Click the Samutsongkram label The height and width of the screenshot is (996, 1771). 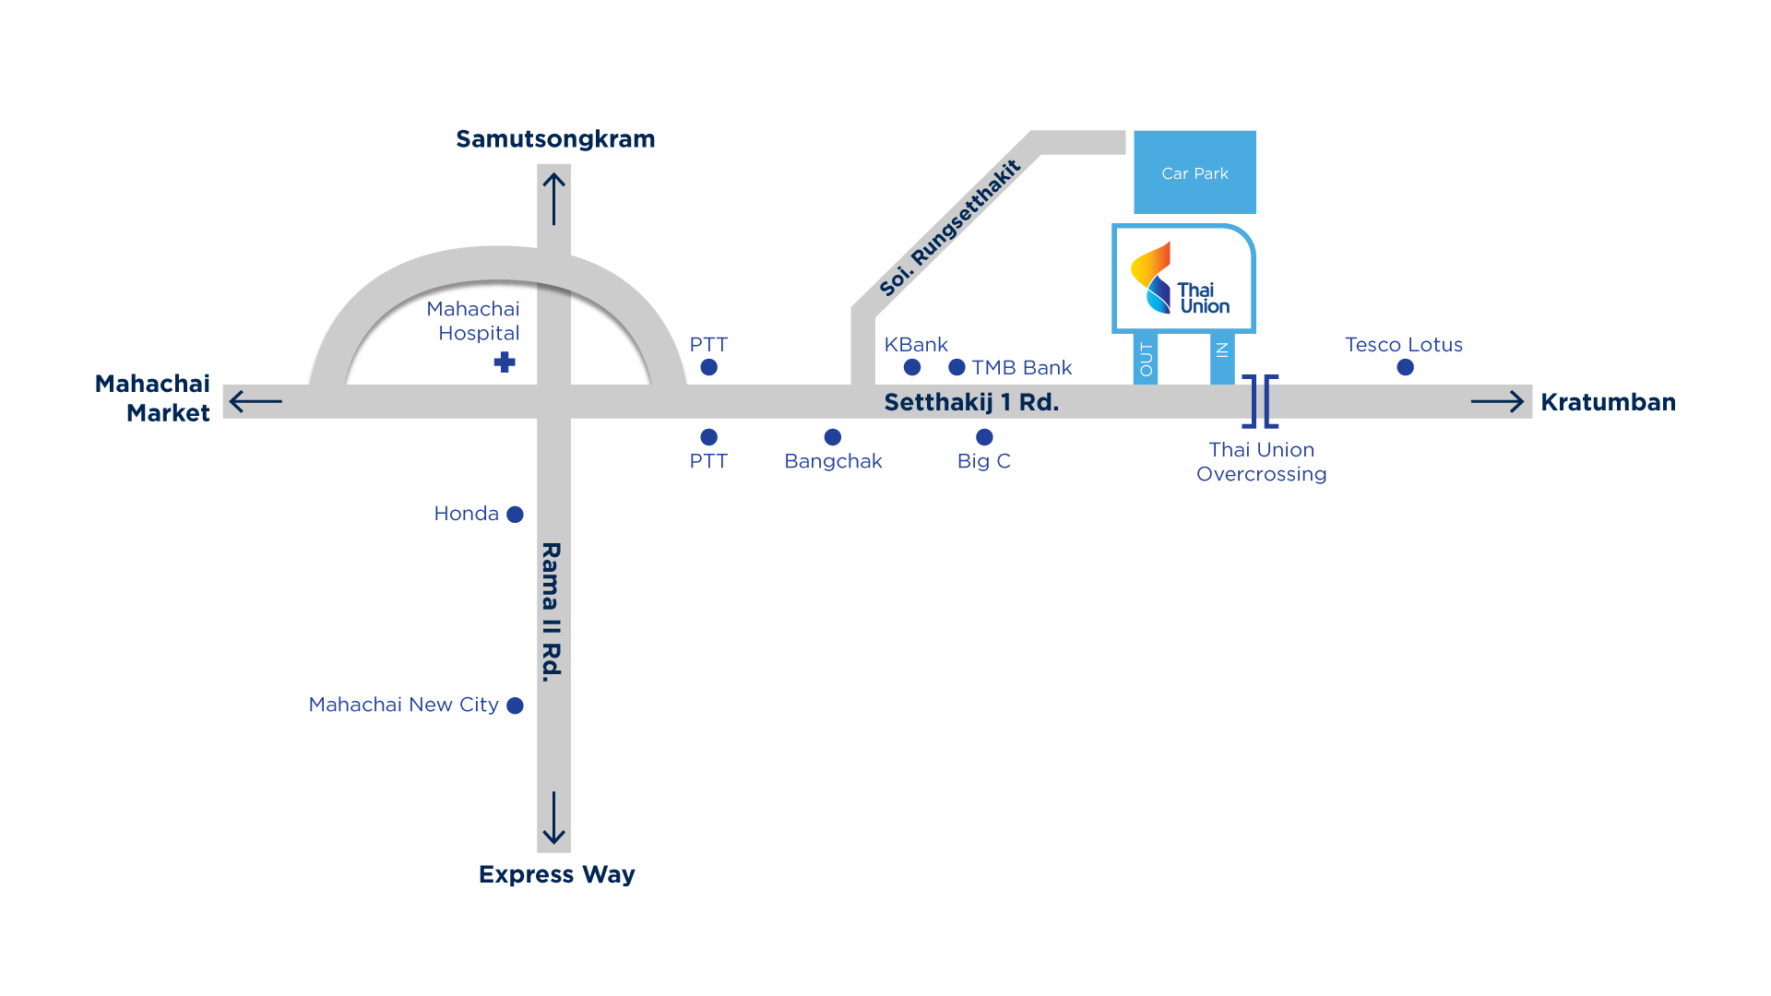click(x=555, y=139)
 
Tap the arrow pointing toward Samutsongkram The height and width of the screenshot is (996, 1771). click(x=553, y=198)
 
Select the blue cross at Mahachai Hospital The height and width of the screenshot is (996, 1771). click(x=505, y=362)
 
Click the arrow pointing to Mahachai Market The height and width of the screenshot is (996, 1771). click(x=256, y=401)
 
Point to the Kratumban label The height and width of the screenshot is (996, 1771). click(x=1608, y=402)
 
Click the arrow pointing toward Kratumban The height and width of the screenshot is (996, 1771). click(x=1497, y=401)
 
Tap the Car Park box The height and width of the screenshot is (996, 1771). click(x=1195, y=172)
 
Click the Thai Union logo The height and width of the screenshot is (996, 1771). click(x=1183, y=279)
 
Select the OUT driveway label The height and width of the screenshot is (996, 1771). click(x=1146, y=359)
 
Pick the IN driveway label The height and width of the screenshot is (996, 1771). click(x=1222, y=350)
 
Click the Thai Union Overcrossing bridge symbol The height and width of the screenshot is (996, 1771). click(x=1260, y=401)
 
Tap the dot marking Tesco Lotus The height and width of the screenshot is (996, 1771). click(x=1405, y=367)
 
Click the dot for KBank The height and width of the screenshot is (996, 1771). click(x=912, y=367)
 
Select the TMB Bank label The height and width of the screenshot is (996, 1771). click(x=1021, y=368)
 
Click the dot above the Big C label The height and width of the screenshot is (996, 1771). click(x=984, y=437)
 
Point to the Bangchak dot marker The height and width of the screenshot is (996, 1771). click(x=832, y=437)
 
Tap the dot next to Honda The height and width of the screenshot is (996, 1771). click(x=516, y=515)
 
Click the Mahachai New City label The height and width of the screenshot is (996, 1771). click(x=403, y=705)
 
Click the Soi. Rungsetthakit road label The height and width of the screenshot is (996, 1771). click(x=950, y=229)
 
